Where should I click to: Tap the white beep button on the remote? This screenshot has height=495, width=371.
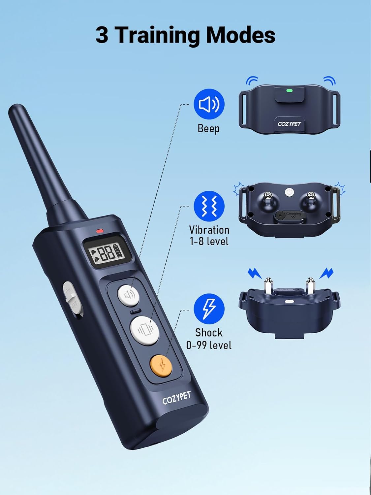pyautogui.click(x=129, y=295)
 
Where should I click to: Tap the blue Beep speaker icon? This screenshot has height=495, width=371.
pyautogui.click(x=209, y=104)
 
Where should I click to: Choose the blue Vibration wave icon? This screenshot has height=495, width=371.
pyautogui.click(x=209, y=206)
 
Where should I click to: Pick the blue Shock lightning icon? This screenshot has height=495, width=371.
pyautogui.click(x=209, y=309)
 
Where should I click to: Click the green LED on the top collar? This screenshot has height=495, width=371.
pyautogui.click(x=290, y=90)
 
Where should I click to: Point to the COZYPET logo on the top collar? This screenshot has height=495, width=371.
pyautogui.click(x=289, y=124)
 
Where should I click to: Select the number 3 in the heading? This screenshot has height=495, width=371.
pyautogui.click(x=102, y=35)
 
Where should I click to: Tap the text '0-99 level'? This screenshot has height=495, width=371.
pyautogui.click(x=209, y=346)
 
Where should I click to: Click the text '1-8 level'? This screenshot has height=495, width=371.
pyautogui.click(x=209, y=241)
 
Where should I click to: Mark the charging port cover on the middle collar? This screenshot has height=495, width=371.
pyautogui.click(x=290, y=215)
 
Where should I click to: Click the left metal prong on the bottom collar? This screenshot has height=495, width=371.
pyautogui.click(x=268, y=285)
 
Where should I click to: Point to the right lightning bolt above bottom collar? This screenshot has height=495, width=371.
pyautogui.click(x=326, y=273)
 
